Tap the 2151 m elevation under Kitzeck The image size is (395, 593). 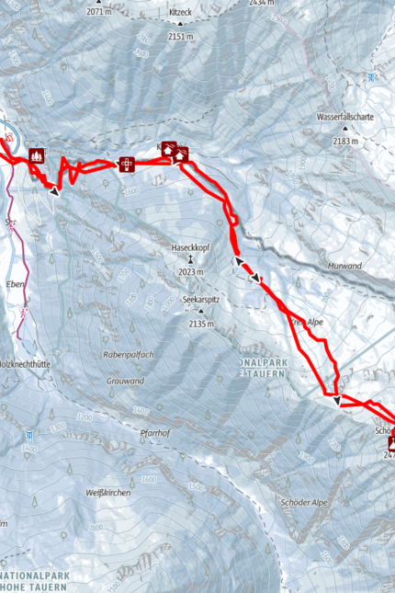181,37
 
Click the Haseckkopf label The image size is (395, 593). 190,247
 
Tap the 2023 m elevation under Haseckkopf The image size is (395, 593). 189,272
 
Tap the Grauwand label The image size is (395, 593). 124,380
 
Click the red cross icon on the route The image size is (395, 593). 127,165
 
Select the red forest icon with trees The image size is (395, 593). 37,155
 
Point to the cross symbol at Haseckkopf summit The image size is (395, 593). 190,260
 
